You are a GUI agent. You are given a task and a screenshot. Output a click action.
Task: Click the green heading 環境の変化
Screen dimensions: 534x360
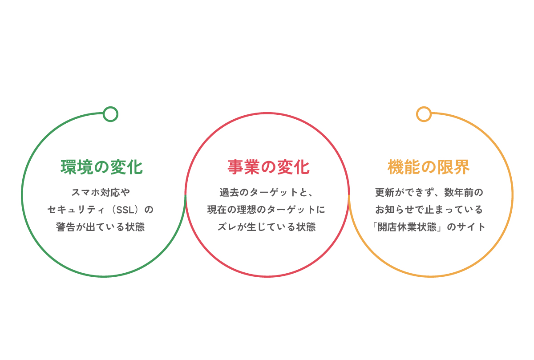[102, 167]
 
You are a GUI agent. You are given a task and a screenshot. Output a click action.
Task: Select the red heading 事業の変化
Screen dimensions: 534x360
[269, 167]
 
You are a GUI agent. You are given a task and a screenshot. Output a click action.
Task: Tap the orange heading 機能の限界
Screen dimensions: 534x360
[429, 167]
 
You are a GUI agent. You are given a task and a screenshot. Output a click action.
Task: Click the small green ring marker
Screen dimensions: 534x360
[110, 114]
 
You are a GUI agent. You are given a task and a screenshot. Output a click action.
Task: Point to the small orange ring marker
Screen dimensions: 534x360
[424, 114]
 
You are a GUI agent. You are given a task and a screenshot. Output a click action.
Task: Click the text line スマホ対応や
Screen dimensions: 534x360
[101, 192]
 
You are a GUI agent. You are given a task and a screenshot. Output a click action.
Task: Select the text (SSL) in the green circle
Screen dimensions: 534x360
[125, 210]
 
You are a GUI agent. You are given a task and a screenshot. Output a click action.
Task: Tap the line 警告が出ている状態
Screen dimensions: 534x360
[101, 227]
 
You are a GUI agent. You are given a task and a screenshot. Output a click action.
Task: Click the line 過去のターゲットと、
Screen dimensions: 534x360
[266, 192]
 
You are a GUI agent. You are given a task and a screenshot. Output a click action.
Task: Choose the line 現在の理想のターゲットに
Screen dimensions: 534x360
[266, 210]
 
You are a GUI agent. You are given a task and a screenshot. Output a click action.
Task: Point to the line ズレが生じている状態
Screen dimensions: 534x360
[267, 227]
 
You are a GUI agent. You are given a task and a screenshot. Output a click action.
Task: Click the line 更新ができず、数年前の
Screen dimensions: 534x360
[429, 192]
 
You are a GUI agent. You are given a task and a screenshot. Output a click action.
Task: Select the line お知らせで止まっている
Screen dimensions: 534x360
[429, 210]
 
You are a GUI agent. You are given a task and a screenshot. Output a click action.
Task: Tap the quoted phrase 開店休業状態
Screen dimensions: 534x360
[407, 227]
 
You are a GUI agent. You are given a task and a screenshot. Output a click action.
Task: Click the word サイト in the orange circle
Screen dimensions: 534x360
[471, 227]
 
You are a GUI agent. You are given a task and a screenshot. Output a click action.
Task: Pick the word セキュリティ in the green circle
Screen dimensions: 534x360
[76, 210]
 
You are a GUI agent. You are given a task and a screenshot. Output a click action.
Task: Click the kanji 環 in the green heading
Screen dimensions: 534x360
[69, 167]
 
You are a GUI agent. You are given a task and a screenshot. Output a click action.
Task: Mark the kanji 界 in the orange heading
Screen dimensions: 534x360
[462, 167]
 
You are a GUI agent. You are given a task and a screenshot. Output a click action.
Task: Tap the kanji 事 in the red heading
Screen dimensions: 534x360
[235, 167]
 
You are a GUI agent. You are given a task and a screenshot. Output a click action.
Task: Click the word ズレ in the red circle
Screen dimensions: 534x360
[227, 227]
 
